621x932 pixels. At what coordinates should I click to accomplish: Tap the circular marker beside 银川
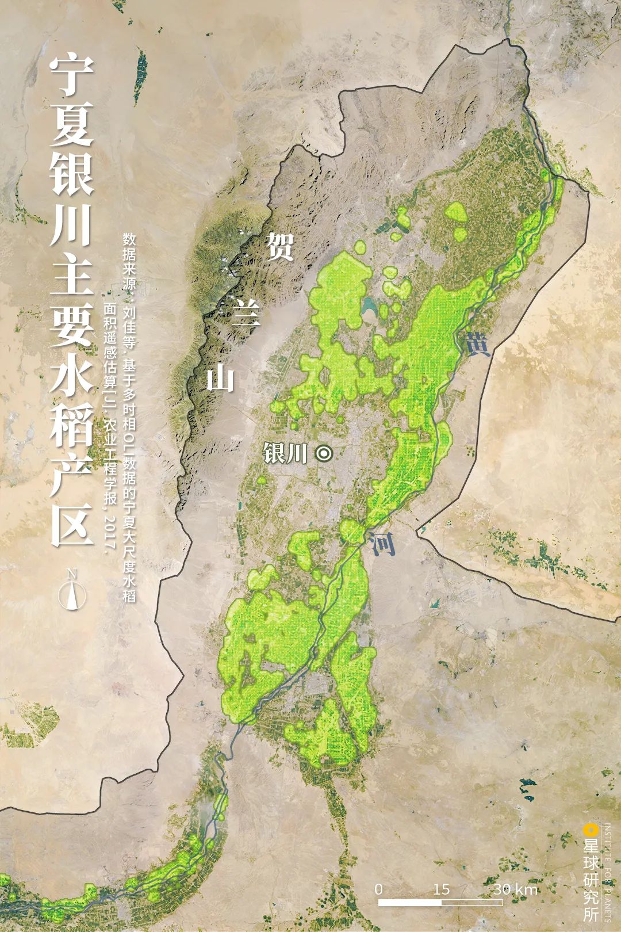[x=324, y=454]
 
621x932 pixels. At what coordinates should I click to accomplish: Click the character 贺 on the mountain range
[x=280, y=247]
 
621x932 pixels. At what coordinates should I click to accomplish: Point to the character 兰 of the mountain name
[x=246, y=315]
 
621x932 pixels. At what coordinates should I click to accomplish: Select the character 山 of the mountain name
[x=220, y=379]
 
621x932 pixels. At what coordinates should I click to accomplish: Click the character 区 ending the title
[x=71, y=526]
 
